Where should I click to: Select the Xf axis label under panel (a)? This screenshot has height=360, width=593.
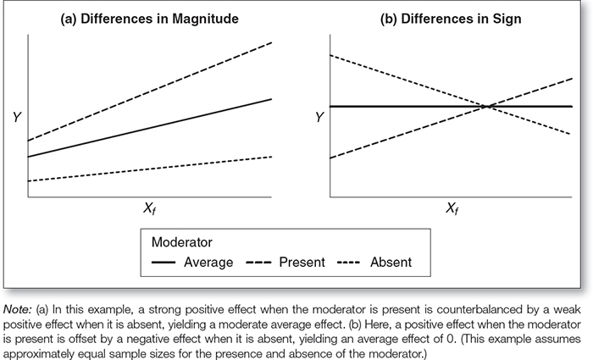click(x=149, y=209)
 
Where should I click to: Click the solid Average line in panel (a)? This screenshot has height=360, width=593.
click(x=152, y=127)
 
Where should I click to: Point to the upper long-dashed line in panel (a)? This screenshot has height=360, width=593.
click(x=152, y=90)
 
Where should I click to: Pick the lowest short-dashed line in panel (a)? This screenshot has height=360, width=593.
click(x=152, y=169)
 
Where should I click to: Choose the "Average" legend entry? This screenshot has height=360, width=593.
click(x=208, y=262)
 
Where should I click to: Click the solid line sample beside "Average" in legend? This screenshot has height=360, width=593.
click(x=164, y=263)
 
